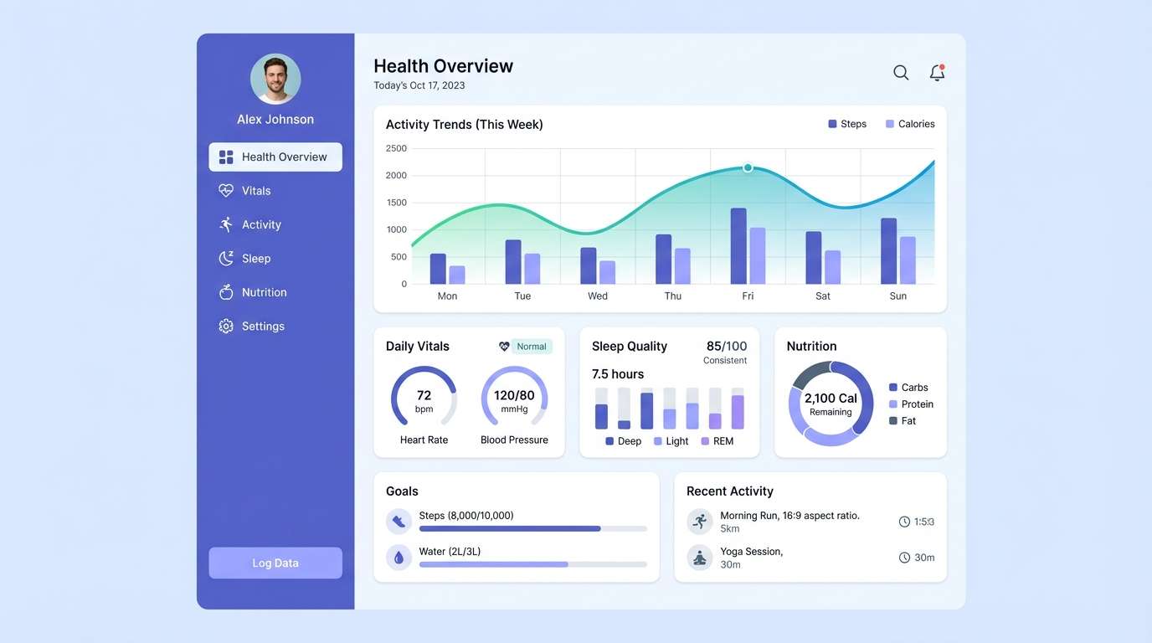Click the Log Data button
(x=275, y=563)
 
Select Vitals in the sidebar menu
(x=255, y=191)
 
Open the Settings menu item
(x=262, y=327)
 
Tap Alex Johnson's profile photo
(x=275, y=79)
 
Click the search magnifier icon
(x=901, y=73)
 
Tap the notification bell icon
(x=937, y=73)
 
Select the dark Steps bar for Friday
(x=738, y=246)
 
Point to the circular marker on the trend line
(x=748, y=167)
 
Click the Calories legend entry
(x=910, y=124)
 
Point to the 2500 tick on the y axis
(x=396, y=148)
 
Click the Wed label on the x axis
(x=598, y=296)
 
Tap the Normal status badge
(x=531, y=347)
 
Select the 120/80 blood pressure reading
(x=514, y=396)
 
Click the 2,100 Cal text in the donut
(x=831, y=399)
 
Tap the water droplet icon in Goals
(x=399, y=557)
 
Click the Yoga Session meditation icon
(x=700, y=557)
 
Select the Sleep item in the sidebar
(x=255, y=259)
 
